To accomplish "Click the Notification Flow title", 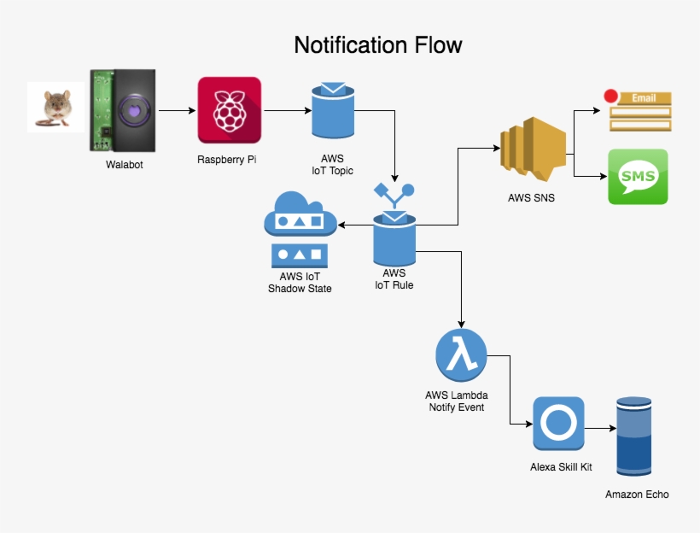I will pos(378,44).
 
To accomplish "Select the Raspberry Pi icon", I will pos(228,110).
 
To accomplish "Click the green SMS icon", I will pos(638,177).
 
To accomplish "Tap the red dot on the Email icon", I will pos(610,96).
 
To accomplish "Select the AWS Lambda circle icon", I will pos(461,356).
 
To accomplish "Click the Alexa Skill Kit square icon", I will pos(558,423).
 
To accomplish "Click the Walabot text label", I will pos(125,165).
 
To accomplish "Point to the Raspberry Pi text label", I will pos(227,160).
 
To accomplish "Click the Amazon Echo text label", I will pos(637,495).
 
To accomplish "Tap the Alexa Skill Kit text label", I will pos(560,467).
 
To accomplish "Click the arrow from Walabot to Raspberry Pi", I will pos(177,110).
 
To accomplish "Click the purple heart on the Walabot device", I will pos(134,109).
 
